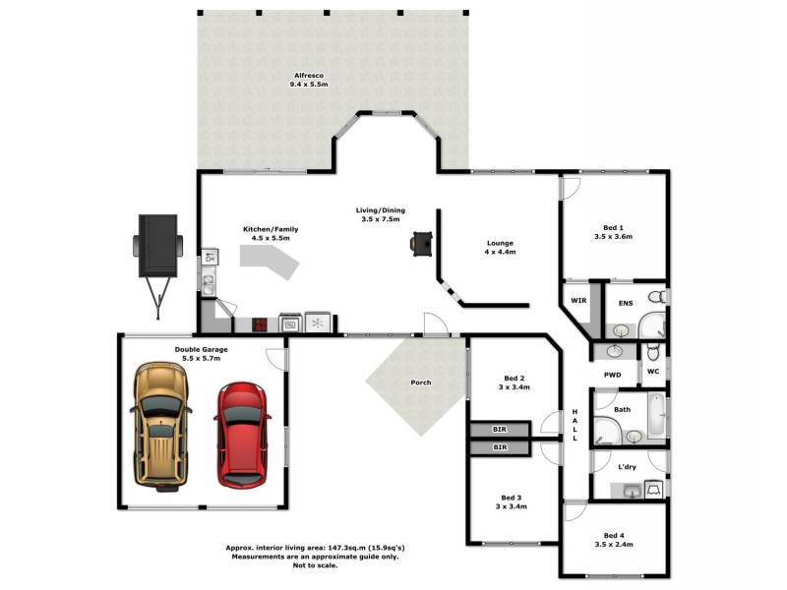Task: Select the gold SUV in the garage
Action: (159, 426)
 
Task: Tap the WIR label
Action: (578, 302)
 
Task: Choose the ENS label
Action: (625, 304)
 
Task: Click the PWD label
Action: (612, 375)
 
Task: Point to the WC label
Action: (653, 372)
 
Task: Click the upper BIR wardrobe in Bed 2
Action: (499, 430)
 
